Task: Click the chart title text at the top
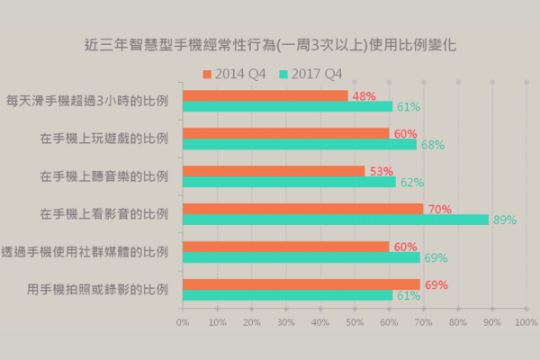[270, 42]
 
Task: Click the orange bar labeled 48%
[265, 95]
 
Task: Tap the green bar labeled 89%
[335, 220]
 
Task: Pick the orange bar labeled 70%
[302, 209]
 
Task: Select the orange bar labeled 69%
[301, 284]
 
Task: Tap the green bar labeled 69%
[301, 257]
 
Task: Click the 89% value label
[504, 220]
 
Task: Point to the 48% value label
[364, 95]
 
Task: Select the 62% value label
[411, 182]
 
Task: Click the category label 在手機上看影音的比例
[104, 214]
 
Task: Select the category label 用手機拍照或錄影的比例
[98, 290]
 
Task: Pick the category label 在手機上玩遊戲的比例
[104, 139]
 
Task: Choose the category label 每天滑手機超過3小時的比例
[87, 101]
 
